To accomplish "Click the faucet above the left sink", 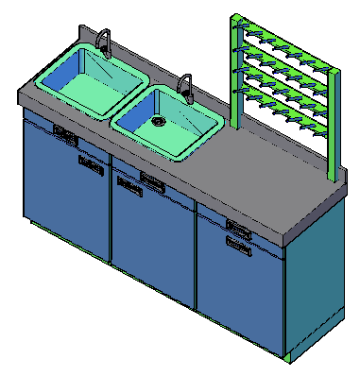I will (104, 42).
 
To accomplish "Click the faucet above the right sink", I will (186, 86).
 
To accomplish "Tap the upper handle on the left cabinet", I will (64, 134).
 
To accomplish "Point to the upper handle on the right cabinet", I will (238, 227).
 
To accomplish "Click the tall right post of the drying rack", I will (331, 123).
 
